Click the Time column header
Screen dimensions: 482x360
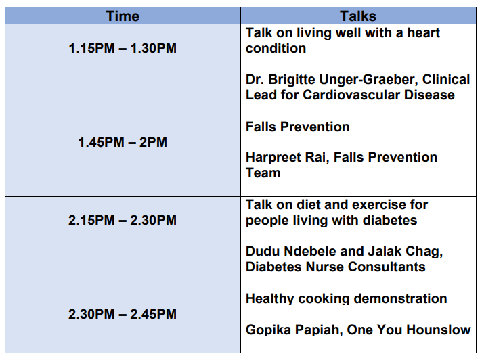[123, 16]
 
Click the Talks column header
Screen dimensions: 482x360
[358, 16]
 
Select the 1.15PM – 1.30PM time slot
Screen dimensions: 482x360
[123, 48]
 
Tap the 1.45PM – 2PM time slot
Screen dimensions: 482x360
[123, 142]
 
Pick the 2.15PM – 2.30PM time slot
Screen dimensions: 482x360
[123, 220]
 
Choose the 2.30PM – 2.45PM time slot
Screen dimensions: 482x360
[123, 314]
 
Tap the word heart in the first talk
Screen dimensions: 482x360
[424, 32]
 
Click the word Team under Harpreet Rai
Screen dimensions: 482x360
[263, 173]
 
